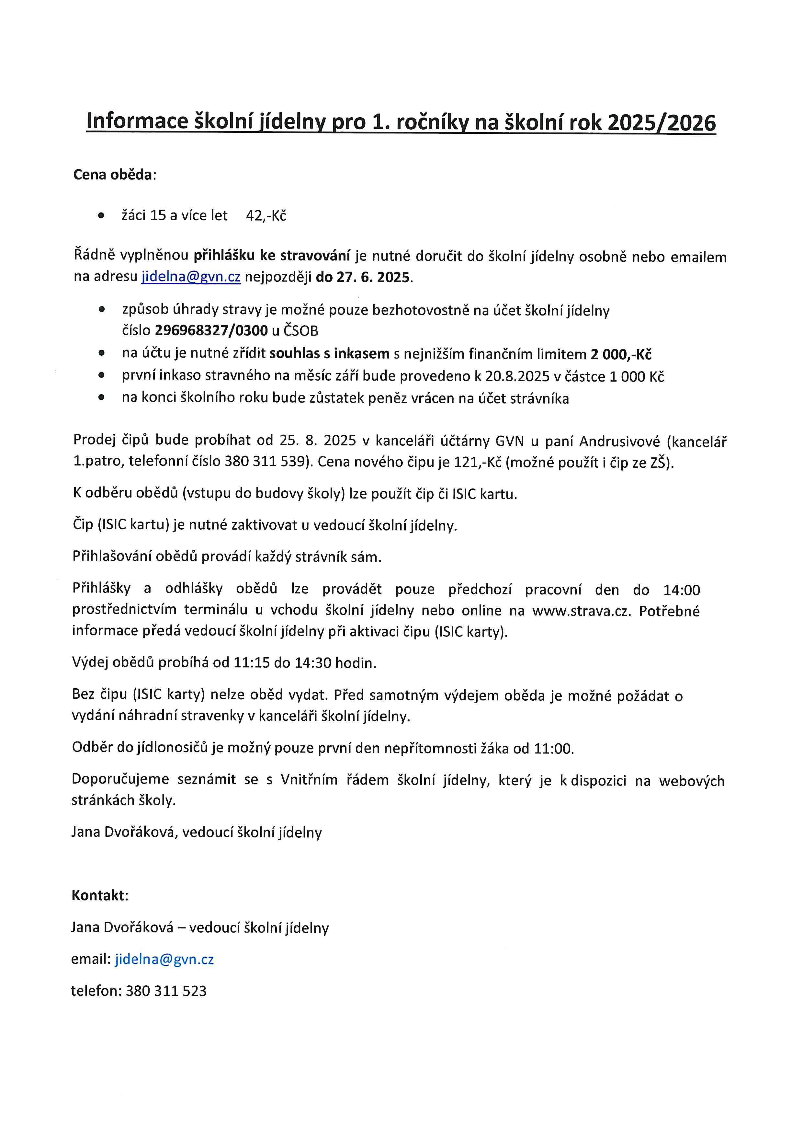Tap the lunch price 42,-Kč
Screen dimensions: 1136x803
point(266,216)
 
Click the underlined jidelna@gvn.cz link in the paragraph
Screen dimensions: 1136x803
point(191,277)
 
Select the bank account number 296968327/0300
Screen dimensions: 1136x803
point(211,330)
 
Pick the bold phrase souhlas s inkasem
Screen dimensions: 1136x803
point(330,354)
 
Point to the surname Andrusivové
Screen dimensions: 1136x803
point(619,441)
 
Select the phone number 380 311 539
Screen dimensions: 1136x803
point(265,462)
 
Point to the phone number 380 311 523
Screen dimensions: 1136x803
point(166,991)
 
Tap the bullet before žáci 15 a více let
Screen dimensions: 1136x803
point(101,216)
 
